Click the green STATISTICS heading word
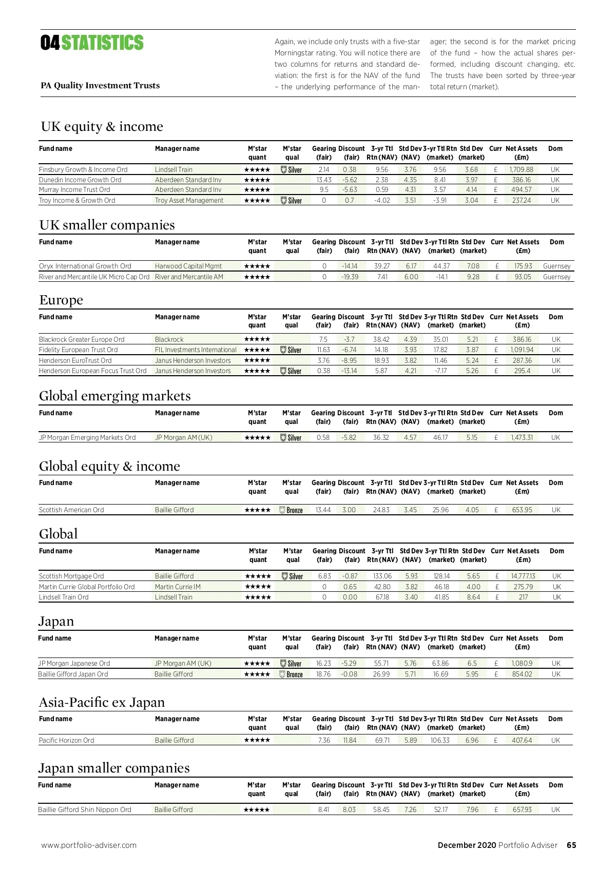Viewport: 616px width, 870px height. [102, 43]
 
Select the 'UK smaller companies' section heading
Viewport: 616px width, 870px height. [107, 225]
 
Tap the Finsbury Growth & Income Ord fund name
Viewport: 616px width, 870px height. [83, 169]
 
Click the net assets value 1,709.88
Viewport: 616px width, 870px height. [521, 169]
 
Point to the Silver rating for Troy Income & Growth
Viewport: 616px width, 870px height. [292, 201]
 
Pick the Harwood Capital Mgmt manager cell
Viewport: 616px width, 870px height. [188, 266]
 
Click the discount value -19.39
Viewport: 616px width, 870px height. [350, 277]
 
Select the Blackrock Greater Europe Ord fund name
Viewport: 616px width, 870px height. [82, 339]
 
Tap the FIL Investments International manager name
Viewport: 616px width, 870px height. [196, 350]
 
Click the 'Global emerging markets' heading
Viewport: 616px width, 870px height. [114, 396]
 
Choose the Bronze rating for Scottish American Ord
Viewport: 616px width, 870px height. [291, 510]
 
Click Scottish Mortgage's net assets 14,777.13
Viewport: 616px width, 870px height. [523, 576]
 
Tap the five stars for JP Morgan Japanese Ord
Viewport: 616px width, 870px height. [257, 663]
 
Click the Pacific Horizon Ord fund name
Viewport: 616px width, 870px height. [66, 740]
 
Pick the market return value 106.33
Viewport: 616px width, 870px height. [440, 740]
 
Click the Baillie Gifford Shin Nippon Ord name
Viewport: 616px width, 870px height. [85, 809]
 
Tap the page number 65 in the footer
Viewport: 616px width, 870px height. [571, 845]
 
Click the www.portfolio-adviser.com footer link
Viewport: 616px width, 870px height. [89, 845]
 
